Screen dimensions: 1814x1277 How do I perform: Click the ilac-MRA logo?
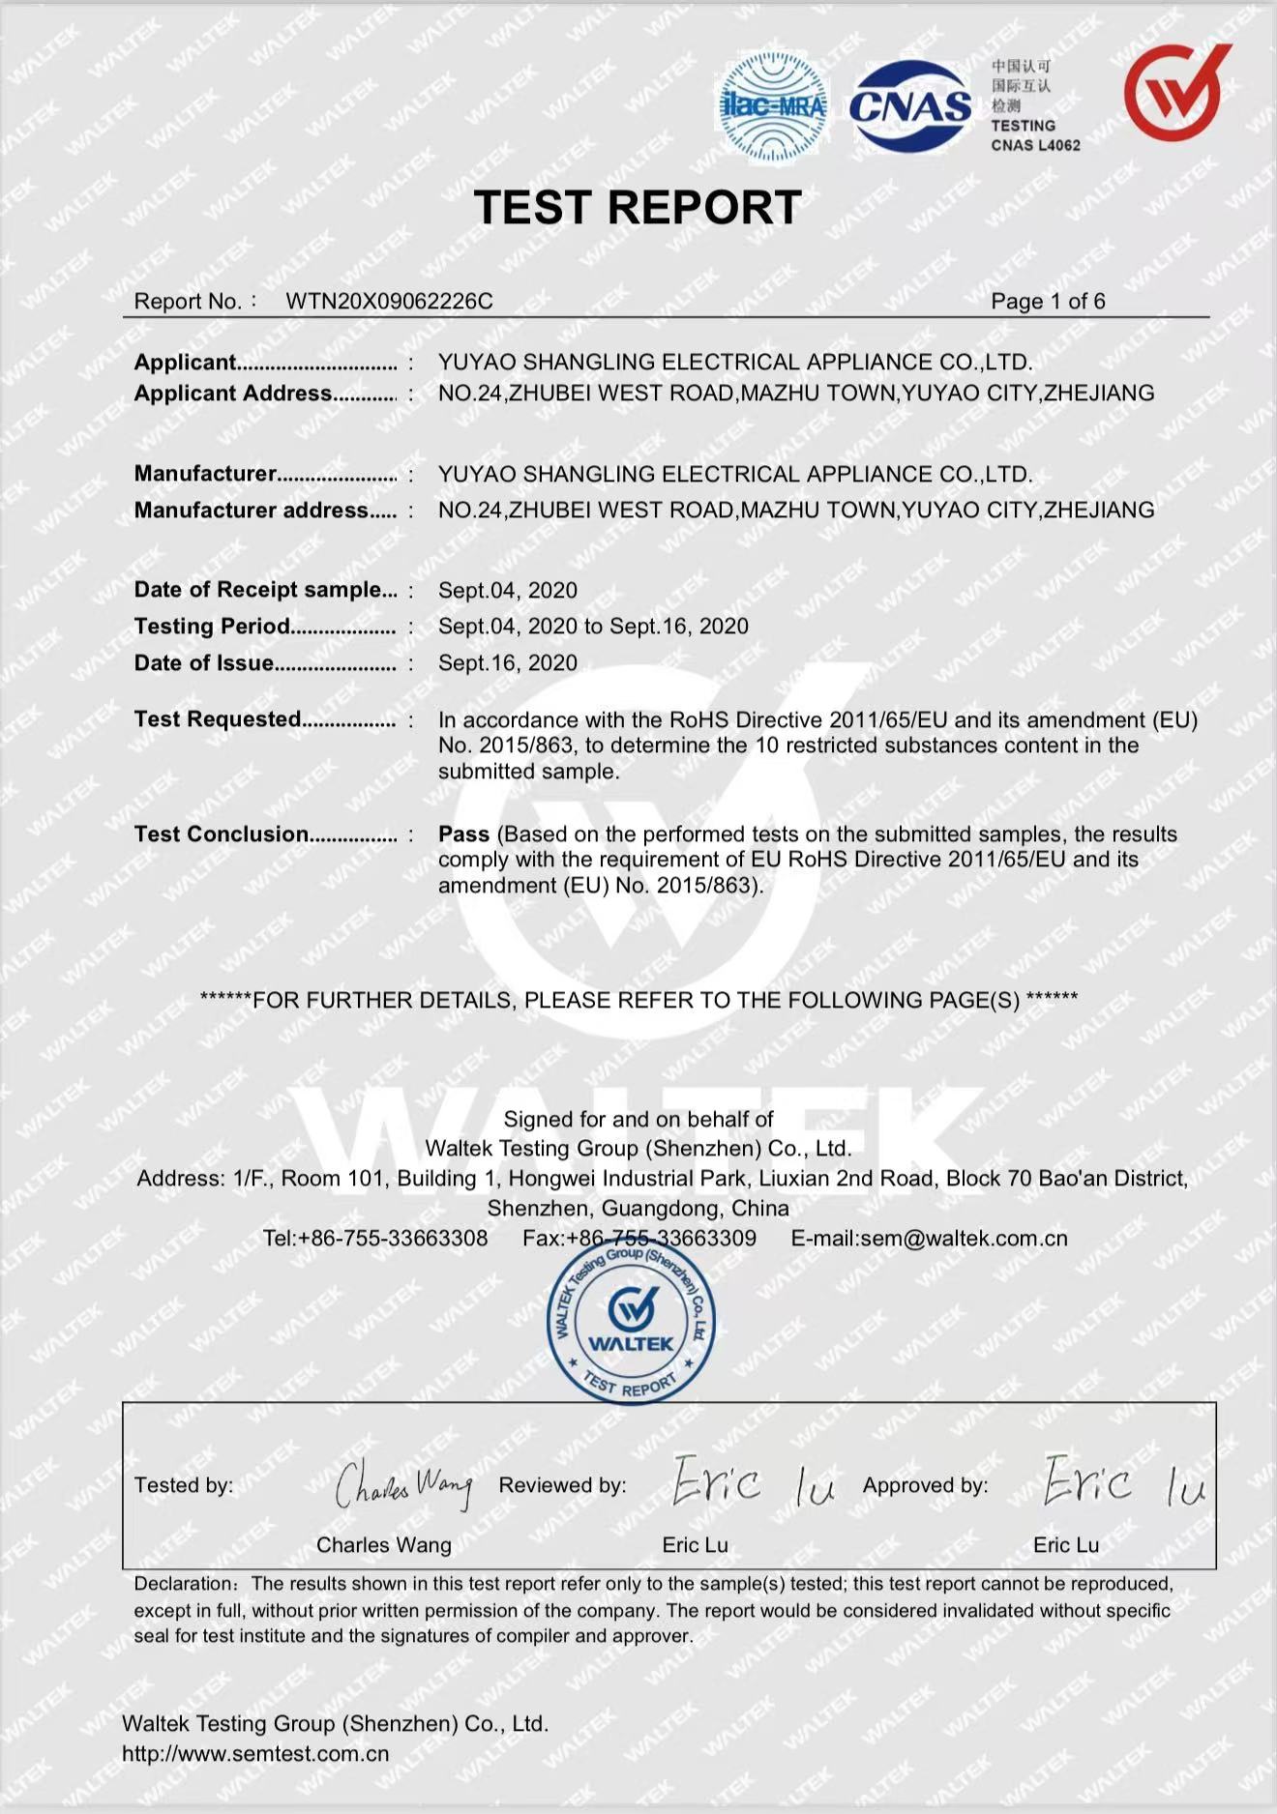tap(773, 106)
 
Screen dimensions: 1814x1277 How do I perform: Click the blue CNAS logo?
tap(910, 106)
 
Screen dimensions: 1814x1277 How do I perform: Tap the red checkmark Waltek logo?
tap(1176, 93)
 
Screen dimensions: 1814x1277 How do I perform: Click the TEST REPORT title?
tap(638, 208)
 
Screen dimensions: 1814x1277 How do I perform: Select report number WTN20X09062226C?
tap(389, 302)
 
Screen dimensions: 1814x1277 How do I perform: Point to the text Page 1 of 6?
tap(1048, 302)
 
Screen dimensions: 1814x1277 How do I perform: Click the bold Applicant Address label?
tap(233, 394)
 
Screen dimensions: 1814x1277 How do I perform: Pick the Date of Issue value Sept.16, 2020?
tap(508, 663)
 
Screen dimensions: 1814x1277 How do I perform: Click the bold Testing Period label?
tap(212, 627)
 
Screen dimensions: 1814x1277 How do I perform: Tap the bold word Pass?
tap(463, 834)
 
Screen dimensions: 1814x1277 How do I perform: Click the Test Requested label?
tap(218, 719)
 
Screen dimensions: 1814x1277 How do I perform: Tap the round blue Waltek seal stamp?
tap(631, 1324)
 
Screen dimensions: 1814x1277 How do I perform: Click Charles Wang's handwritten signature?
tap(404, 1485)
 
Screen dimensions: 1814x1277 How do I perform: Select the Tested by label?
tap(184, 1485)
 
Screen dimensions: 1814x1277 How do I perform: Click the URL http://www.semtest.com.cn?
tap(255, 1754)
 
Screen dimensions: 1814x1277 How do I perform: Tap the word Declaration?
tap(183, 1584)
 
